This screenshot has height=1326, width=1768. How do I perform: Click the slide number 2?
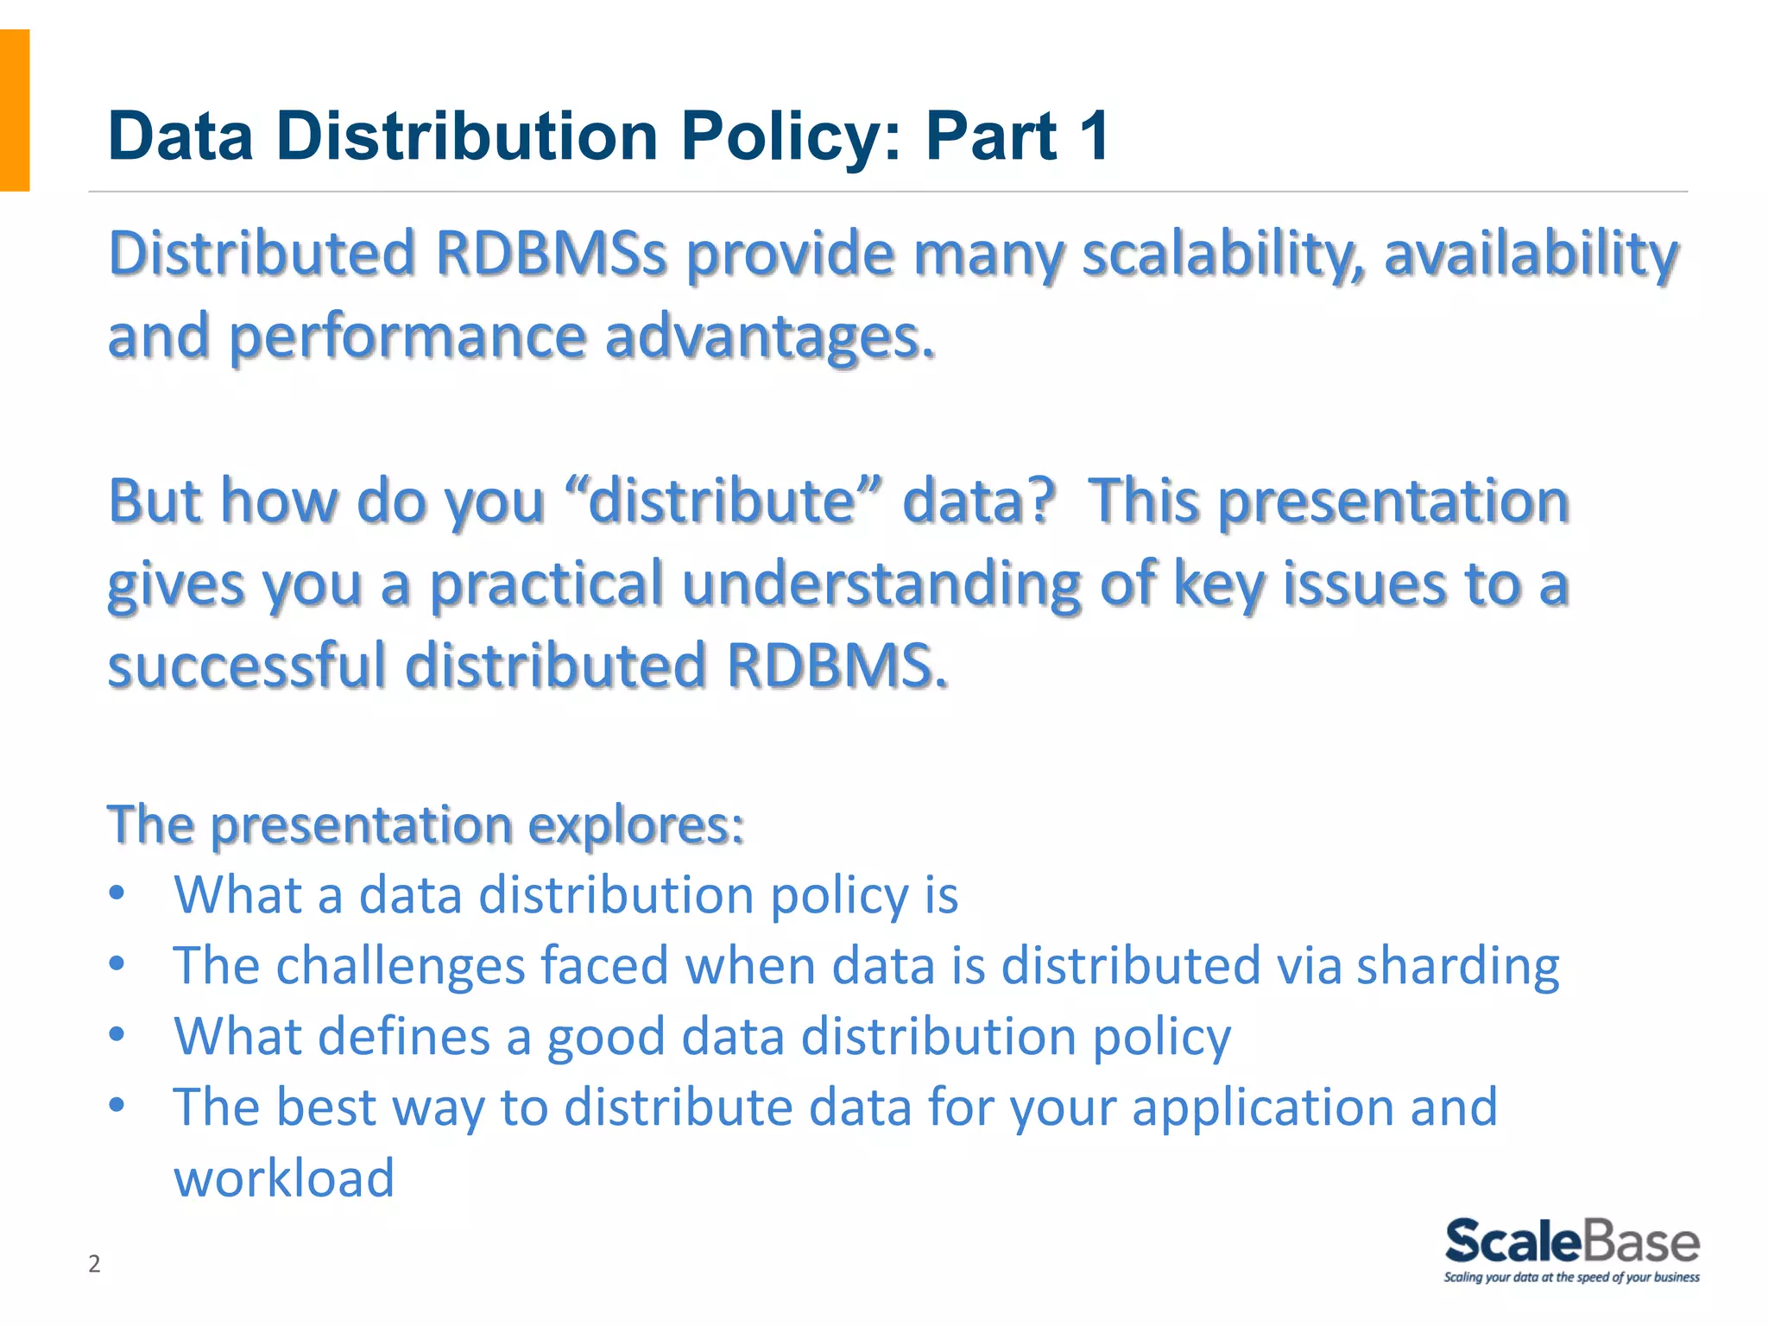coord(94,1264)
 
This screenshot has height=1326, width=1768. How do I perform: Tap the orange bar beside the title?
coord(15,110)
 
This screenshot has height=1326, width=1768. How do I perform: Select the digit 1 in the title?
coord(1094,136)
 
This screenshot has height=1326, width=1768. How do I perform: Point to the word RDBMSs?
coord(551,254)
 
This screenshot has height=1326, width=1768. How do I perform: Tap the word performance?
coord(407,337)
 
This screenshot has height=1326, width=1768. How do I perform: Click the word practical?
coord(546,584)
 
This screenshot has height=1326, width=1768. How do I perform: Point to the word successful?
coord(247,666)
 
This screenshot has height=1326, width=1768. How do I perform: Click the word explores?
coord(635,824)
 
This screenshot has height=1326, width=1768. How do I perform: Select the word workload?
coord(284,1178)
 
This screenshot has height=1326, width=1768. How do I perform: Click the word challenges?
coord(401,965)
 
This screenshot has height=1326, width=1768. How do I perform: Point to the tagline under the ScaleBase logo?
coord(1571,1278)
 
